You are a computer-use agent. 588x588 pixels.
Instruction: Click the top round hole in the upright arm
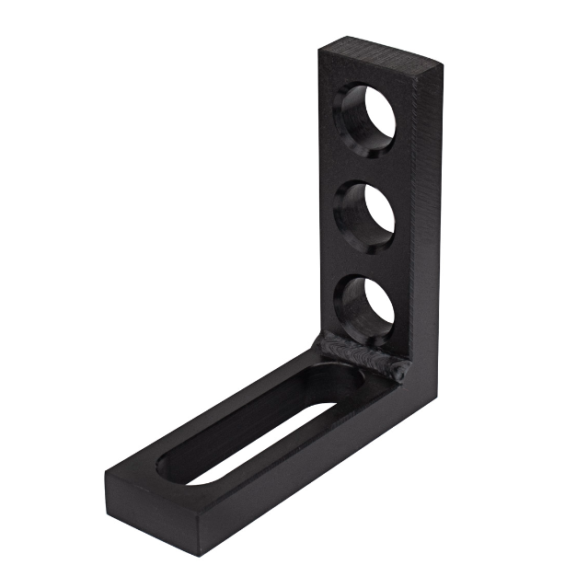click(x=370, y=116)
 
